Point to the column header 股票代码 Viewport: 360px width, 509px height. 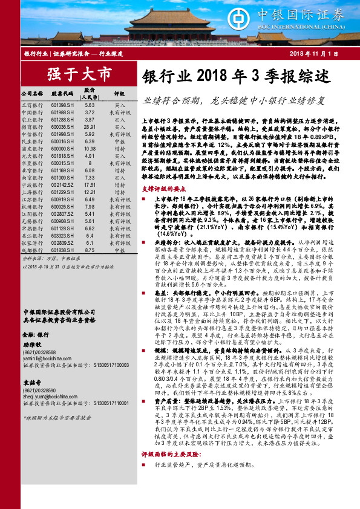pos(62,94)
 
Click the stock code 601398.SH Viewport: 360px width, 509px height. pos(62,105)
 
